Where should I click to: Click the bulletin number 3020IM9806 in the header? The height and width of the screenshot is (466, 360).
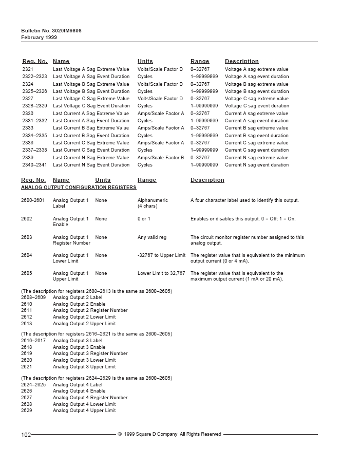pyautogui.click(x=51, y=31)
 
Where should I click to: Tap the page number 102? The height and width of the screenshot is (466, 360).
pyautogui.click(x=26, y=435)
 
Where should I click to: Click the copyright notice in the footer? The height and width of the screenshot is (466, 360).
pyautogui.click(x=169, y=435)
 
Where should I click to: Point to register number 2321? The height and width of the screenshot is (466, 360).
pyautogui.click(x=28, y=69)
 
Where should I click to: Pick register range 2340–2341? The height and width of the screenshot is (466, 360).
pyautogui.click(x=34, y=165)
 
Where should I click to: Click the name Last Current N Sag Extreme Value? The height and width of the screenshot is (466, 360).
pyautogui.click(x=91, y=158)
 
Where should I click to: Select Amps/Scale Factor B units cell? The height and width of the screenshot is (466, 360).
pyautogui.click(x=160, y=158)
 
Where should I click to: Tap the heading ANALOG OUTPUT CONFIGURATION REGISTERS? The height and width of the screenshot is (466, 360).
pyautogui.click(x=79, y=188)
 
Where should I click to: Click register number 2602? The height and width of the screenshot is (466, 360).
pyautogui.click(x=27, y=219)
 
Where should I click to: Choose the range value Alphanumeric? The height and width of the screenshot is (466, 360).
pyautogui.click(x=153, y=200)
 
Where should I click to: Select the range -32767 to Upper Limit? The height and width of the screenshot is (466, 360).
pyautogui.click(x=161, y=255)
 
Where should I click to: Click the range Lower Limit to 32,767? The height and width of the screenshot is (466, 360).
pyautogui.click(x=161, y=273)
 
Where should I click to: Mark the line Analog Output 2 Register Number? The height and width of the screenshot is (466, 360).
pyautogui.click(x=90, y=310)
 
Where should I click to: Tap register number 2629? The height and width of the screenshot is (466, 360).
pyautogui.click(x=27, y=411)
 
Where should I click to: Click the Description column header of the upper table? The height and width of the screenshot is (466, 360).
pyautogui.click(x=241, y=62)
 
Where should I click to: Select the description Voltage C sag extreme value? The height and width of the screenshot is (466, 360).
pyautogui.click(x=256, y=99)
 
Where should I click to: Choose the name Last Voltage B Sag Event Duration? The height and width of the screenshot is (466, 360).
pyautogui.click(x=91, y=91)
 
